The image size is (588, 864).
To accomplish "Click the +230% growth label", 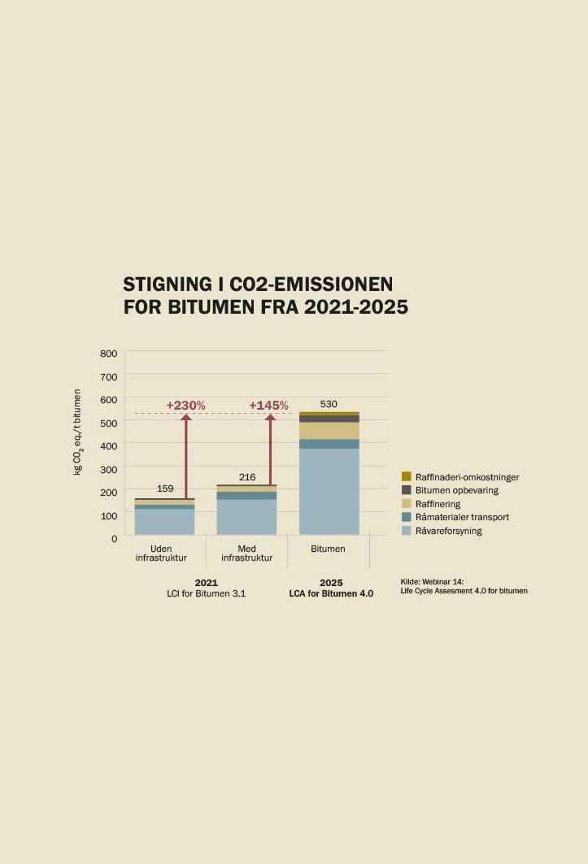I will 185,405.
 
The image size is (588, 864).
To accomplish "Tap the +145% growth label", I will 268,405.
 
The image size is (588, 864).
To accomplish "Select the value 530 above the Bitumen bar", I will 329,404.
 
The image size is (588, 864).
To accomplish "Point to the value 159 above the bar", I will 165,488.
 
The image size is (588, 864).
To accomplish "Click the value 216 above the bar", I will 247,477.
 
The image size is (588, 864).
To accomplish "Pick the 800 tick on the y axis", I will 109,354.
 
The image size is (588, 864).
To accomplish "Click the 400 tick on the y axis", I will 109,446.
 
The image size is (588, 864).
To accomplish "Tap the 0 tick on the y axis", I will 114,538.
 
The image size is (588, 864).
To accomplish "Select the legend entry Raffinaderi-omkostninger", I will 460,477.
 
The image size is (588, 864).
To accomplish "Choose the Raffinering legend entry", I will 431,504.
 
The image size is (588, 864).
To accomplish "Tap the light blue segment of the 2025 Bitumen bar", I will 329,491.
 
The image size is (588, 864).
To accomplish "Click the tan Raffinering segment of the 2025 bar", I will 329,430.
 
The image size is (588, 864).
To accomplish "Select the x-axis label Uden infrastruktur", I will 161,554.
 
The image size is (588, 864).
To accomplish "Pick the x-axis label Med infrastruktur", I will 247,554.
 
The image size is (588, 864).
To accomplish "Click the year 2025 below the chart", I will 331,583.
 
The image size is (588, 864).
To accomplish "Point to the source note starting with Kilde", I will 464,586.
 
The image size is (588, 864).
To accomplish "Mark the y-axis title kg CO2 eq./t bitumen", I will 78,432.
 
